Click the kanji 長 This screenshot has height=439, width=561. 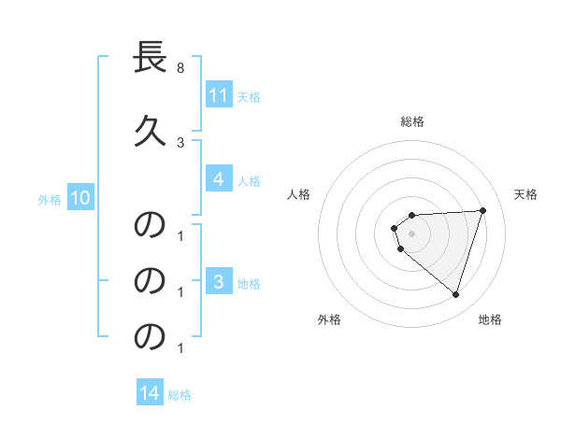coord(151,59)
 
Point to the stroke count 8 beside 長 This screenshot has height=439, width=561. coord(180,69)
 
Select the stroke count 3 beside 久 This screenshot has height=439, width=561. coord(180,142)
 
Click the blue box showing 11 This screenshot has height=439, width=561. coord(218,94)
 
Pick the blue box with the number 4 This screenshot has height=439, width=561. coord(218,179)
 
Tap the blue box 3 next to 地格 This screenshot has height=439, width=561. coord(218,281)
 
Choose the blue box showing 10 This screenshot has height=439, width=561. coord(79,198)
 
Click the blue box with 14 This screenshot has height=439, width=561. coord(150,393)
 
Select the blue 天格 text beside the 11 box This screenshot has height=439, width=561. coord(249,96)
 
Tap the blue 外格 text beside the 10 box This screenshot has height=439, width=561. coord(50,199)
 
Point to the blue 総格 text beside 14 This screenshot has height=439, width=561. coord(180,395)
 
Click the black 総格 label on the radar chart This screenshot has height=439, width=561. coord(412,121)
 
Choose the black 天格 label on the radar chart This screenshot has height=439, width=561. coord(525,194)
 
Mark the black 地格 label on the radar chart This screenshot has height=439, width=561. coord(490,319)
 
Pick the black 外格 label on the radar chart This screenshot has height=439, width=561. coord(329,319)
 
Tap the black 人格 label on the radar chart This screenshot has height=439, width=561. coord(298,194)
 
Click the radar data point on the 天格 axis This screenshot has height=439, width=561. coord(482,211)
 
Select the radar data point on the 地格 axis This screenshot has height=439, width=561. coord(455,294)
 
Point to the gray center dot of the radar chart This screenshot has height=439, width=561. coord(412,233)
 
